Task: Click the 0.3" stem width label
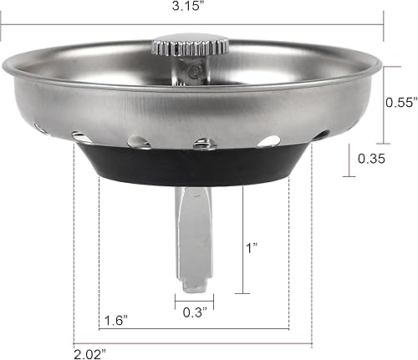(192, 312)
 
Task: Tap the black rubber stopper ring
(192, 167)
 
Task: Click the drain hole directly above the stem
(204, 144)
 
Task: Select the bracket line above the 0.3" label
(192, 298)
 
